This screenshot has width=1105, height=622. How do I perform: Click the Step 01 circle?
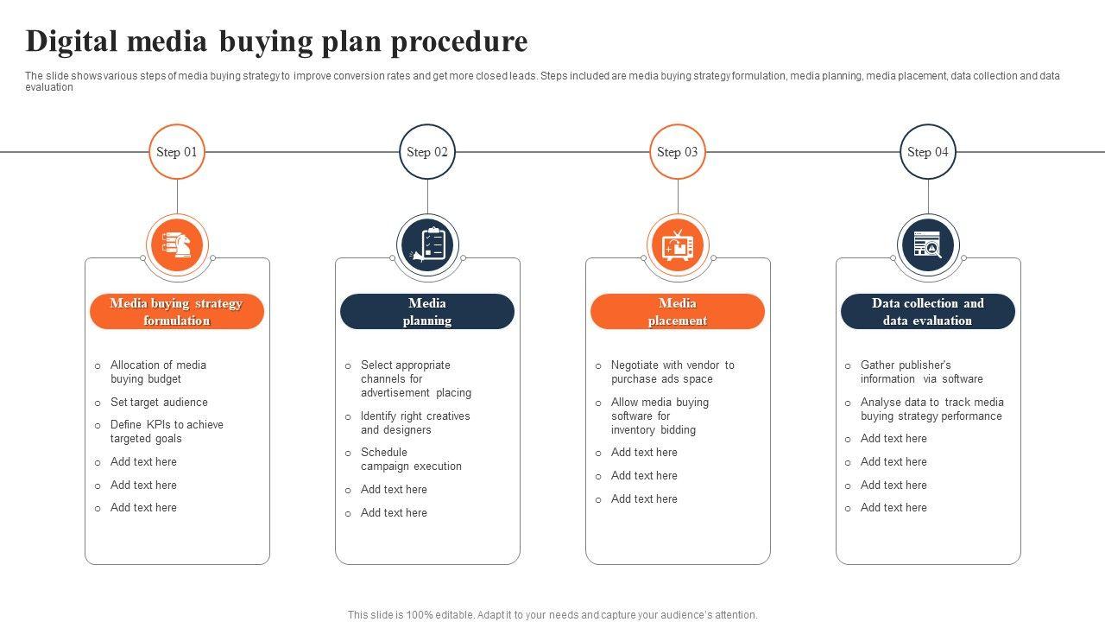point(177,152)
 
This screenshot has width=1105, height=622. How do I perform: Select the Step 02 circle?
point(427,152)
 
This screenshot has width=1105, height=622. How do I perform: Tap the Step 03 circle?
point(678,152)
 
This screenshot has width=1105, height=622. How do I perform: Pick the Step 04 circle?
point(928,152)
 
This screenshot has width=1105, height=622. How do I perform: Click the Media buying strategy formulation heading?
point(177,312)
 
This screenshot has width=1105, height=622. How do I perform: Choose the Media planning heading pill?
point(427,312)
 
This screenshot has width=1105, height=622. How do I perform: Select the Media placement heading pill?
point(678,312)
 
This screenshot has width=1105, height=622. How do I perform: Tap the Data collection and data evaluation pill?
point(928,312)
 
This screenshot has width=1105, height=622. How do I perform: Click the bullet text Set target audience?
point(159,403)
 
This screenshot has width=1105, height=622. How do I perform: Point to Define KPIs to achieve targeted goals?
point(167,432)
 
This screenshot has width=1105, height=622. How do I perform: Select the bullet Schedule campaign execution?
point(411,460)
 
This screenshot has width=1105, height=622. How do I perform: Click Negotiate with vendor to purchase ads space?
point(672,372)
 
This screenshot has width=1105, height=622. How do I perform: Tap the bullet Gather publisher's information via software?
point(921,372)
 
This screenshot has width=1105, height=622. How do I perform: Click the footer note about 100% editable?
point(552,615)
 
